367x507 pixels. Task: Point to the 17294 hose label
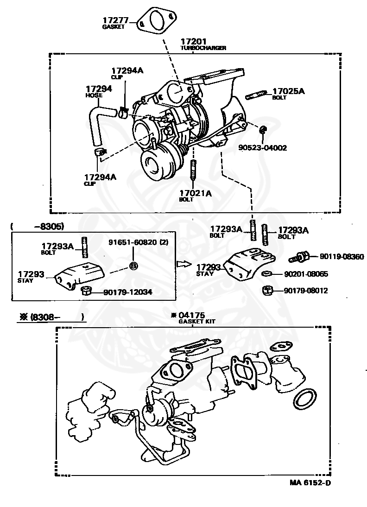pos(99,88)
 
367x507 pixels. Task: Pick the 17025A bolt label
pos(288,91)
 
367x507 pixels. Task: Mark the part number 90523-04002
pos(263,148)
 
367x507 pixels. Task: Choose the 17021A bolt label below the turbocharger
pos(195,194)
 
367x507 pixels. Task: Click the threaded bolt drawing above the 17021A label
pos(194,169)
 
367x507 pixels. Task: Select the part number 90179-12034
pos(127,292)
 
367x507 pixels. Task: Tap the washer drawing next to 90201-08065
pos(267,274)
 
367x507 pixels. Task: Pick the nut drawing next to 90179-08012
pos(267,291)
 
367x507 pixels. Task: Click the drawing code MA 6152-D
pos(310,482)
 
